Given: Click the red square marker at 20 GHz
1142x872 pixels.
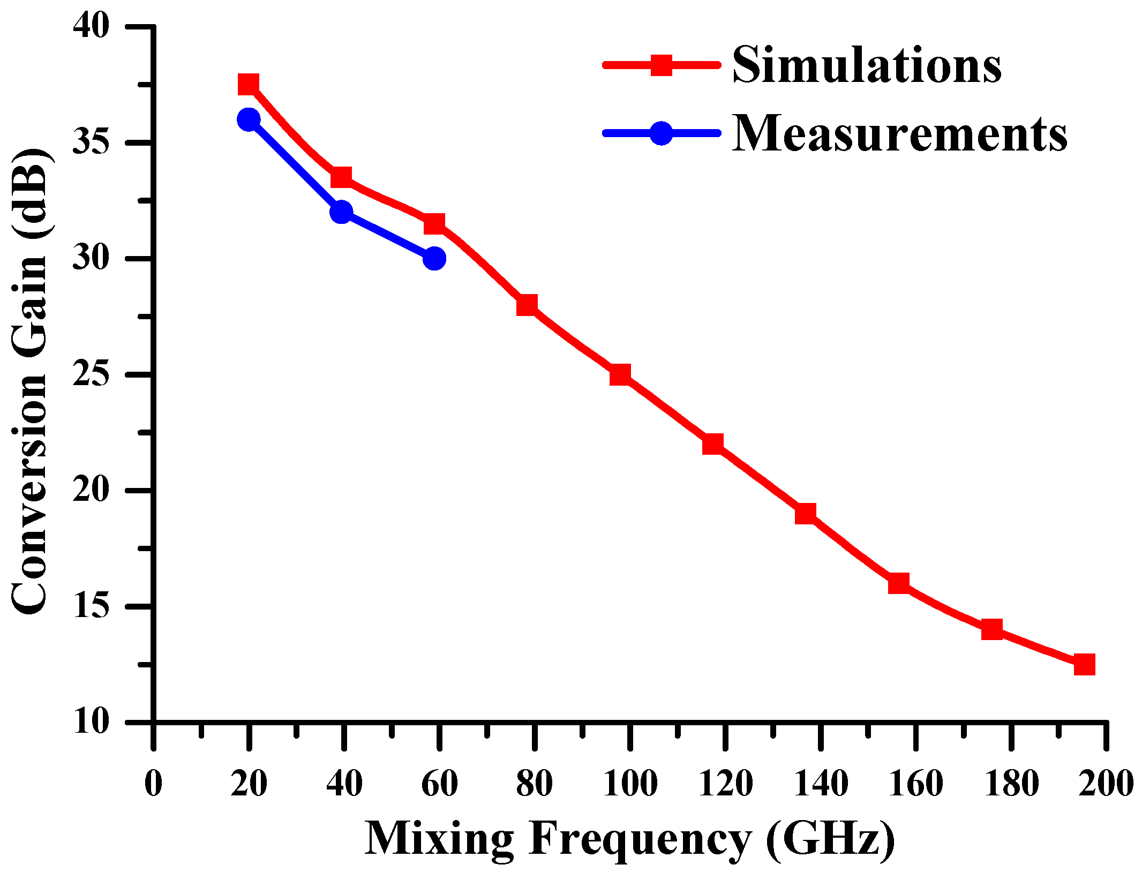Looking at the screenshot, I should point(249,85).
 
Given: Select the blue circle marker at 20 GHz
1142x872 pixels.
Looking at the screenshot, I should point(249,119).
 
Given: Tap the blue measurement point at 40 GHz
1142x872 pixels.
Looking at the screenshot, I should point(341,212).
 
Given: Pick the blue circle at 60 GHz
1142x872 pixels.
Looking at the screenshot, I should point(434,259).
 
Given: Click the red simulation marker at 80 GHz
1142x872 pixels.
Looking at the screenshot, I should point(527,305).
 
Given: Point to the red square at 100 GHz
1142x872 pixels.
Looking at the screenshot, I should point(620,375).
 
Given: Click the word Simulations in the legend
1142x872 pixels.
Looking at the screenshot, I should point(867,65).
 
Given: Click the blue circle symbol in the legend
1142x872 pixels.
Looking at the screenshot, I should point(662,133).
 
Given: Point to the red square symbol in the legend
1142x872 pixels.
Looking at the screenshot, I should point(662,65).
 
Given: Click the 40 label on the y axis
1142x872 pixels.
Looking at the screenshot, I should point(91,26).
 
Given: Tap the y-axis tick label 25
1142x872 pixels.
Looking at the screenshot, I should point(91,374).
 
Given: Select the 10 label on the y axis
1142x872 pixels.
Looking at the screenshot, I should point(91,721).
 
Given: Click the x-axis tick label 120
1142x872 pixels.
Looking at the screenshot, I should point(726,784).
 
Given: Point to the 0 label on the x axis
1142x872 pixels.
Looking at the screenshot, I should point(153,784).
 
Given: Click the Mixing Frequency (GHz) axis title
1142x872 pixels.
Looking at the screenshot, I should point(629,839).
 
